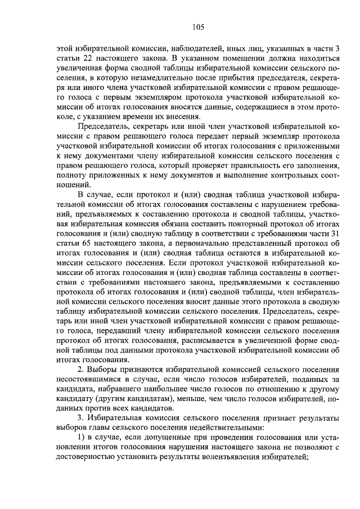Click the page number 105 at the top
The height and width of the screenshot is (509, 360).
197,26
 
